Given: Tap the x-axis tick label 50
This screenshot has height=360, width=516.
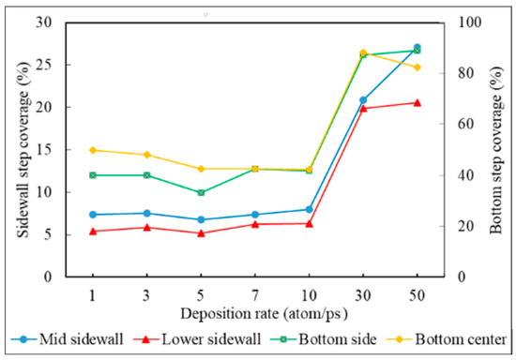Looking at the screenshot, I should point(417,294).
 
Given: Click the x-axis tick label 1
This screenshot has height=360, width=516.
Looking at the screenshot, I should point(92,294).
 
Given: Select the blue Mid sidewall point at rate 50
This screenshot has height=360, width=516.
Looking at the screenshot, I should point(417,47).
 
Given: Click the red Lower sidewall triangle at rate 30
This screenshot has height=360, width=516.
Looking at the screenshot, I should point(363,108).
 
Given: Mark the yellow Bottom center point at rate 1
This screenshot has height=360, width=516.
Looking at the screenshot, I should point(92,150).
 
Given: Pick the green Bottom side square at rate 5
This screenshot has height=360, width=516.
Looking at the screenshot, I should point(201,192).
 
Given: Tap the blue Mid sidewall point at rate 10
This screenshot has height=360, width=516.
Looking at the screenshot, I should point(309,209).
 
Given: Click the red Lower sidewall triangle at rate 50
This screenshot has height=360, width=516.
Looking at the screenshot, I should point(417,102).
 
